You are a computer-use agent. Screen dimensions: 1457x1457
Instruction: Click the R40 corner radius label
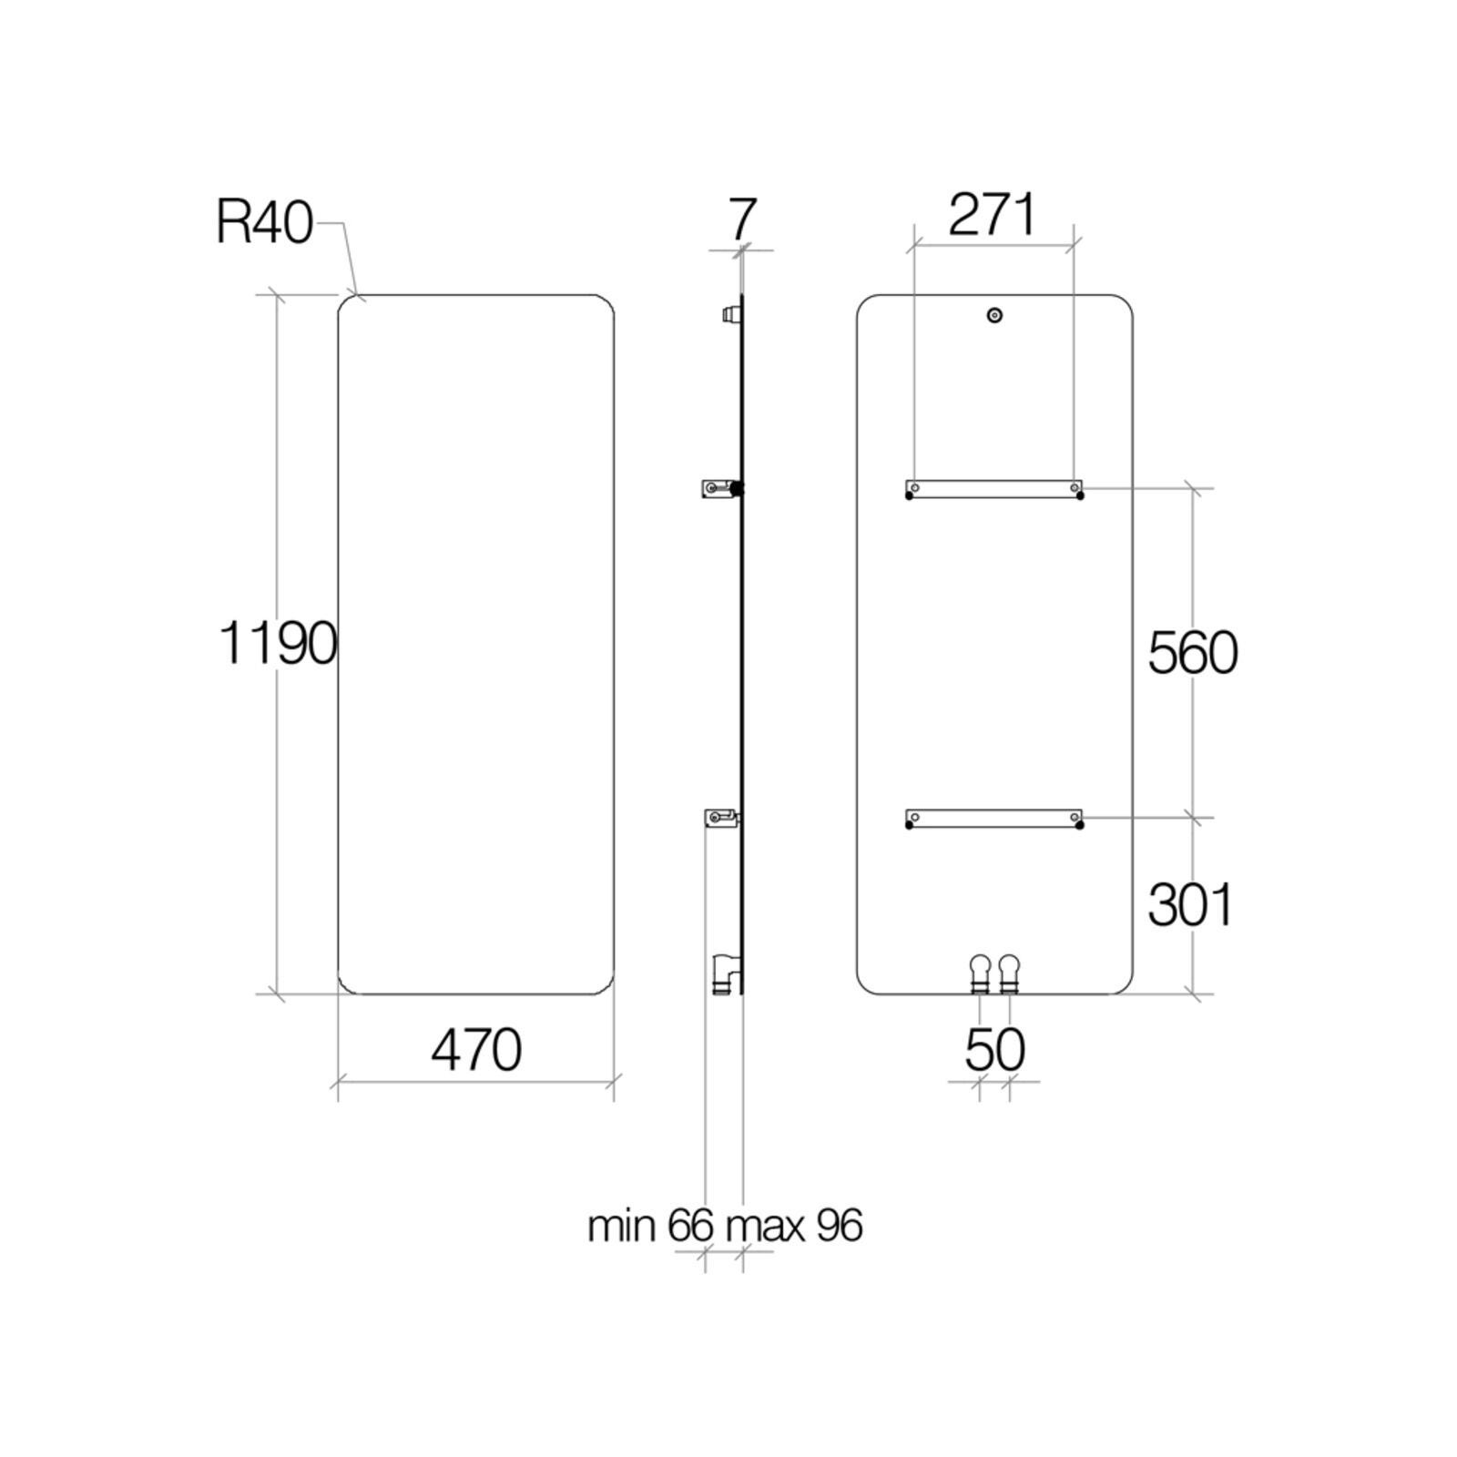click(x=264, y=222)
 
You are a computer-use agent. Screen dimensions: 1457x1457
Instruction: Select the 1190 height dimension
click(x=278, y=643)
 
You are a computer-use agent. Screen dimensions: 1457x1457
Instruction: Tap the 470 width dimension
click(x=475, y=1050)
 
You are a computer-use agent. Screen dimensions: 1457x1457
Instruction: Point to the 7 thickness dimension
click(x=743, y=219)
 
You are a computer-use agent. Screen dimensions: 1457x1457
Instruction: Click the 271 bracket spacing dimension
click(x=992, y=216)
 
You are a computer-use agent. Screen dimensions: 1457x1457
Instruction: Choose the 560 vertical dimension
click(x=1192, y=653)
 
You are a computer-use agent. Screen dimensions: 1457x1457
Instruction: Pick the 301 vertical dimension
click(x=1190, y=904)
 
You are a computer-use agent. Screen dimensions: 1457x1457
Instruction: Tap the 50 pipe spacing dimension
click(x=994, y=1050)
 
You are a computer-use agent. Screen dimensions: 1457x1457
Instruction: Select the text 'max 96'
click(x=794, y=1226)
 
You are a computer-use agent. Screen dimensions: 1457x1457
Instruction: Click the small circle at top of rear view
click(x=994, y=316)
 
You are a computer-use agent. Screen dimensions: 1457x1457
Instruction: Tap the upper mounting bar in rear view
click(x=994, y=489)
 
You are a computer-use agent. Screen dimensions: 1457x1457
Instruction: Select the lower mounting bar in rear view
click(x=994, y=819)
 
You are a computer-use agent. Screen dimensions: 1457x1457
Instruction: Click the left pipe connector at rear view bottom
click(x=980, y=973)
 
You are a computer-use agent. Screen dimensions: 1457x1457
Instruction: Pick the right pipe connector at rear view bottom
click(x=1009, y=973)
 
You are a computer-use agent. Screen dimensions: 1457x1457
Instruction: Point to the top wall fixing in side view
click(x=729, y=315)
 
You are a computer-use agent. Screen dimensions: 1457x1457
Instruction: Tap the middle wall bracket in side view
click(x=720, y=489)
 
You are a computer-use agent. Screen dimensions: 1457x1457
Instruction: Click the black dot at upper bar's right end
click(x=1080, y=496)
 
